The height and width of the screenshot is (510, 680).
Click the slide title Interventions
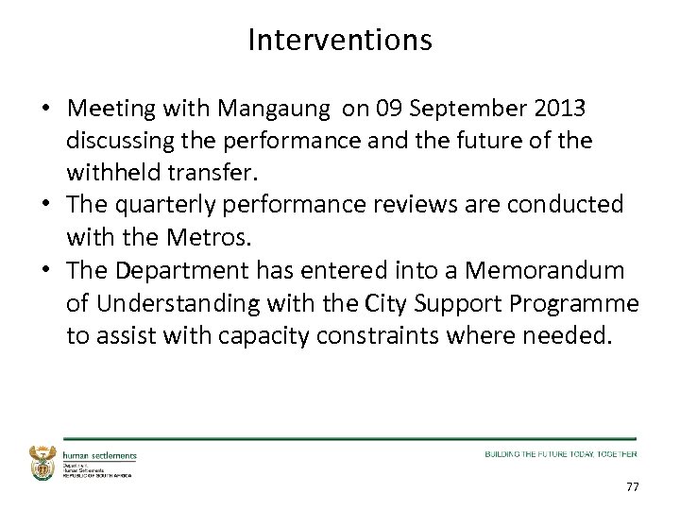[340, 40]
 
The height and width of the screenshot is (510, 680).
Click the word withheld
[111, 173]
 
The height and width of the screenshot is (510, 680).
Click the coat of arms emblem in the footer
[43, 462]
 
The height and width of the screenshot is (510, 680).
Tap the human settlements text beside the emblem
[100, 455]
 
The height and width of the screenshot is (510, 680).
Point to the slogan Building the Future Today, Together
[560, 454]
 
